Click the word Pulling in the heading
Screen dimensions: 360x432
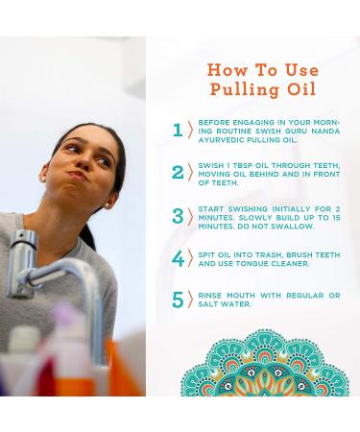[245, 89]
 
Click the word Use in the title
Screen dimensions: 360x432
[301, 69]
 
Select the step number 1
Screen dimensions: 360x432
[178, 131]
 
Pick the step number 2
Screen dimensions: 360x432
[178, 173]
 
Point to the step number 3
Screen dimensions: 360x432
[178, 216]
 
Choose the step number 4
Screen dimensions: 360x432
[178, 259]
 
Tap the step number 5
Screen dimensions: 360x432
[178, 300]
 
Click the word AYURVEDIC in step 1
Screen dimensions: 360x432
[216, 140]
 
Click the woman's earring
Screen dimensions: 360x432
[43, 177]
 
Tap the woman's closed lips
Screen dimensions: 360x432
[78, 175]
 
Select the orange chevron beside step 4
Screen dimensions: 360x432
[191, 258]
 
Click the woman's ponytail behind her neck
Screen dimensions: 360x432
[88, 236]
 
